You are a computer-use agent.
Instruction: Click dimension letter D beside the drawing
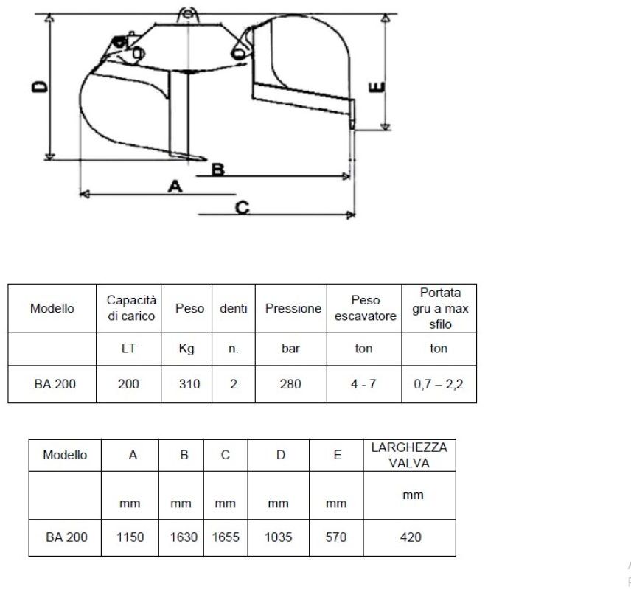coord(40,86)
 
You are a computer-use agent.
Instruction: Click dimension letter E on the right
coord(377,87)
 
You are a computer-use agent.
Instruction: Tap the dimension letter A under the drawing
coord(175,187)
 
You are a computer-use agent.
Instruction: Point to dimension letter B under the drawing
coord(218,170)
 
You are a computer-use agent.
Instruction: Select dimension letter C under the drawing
coord(243,208)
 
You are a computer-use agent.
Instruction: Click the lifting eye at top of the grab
coord(187,15)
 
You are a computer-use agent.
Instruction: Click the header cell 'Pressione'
coord(293,309)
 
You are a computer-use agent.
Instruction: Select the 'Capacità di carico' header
coord(131,308)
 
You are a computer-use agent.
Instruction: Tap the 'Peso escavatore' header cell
coord(365,308)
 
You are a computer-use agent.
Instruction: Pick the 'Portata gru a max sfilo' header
coord(440,309)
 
